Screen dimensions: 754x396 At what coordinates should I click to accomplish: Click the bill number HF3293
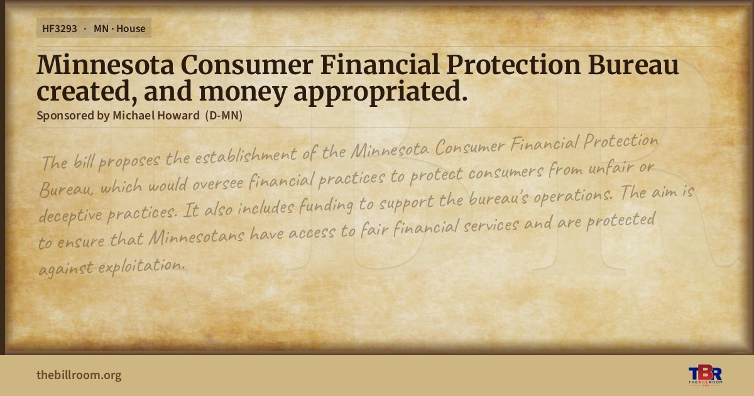pos(60,29)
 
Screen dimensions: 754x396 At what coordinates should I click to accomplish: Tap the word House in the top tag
pos(131,29)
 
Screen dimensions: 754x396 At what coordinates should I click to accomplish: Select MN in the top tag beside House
pos(101,29)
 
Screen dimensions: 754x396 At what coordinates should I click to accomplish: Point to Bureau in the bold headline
pos(633,65)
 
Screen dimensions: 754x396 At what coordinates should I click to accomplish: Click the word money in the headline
pos(243,92)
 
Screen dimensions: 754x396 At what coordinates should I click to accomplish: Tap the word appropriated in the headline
pos(381,92)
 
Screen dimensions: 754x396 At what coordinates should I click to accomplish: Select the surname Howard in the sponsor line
pos(178,116)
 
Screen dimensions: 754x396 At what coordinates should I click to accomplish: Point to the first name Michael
pos(133,116)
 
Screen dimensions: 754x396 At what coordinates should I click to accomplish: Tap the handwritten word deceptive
pos(70,215)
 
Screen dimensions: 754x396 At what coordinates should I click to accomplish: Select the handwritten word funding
pos(326,206)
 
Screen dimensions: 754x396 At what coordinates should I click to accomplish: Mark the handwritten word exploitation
pos(142,266)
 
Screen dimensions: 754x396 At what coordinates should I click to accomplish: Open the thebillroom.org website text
pos(79,375)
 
